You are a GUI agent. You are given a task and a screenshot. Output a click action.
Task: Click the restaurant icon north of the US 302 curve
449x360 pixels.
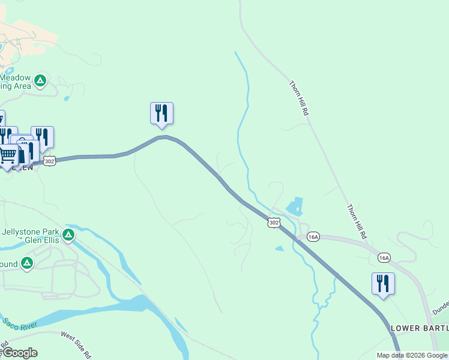[161, 113]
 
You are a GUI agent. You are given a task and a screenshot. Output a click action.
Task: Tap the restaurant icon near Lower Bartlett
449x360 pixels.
[383, 283]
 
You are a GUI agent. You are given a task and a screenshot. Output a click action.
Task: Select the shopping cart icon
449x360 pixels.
[8, 155]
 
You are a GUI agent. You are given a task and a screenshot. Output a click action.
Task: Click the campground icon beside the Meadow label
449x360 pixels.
[40, 80]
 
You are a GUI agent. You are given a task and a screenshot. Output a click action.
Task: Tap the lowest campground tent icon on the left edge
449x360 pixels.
[26, 263]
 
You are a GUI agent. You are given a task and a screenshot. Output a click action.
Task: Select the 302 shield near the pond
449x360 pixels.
[274, 223]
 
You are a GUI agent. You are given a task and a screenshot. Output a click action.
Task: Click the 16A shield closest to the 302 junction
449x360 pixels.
[312, 237]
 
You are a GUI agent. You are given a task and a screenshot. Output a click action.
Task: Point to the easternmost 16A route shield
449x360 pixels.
[384, 257]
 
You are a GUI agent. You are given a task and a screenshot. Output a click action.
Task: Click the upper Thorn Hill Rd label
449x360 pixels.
[299, 98]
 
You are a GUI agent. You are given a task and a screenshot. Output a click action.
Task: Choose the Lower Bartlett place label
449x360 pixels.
[419, 328]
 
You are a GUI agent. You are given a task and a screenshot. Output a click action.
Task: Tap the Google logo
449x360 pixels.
[20, 353]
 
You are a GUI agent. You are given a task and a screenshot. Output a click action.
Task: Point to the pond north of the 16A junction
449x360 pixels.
[295, 207]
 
